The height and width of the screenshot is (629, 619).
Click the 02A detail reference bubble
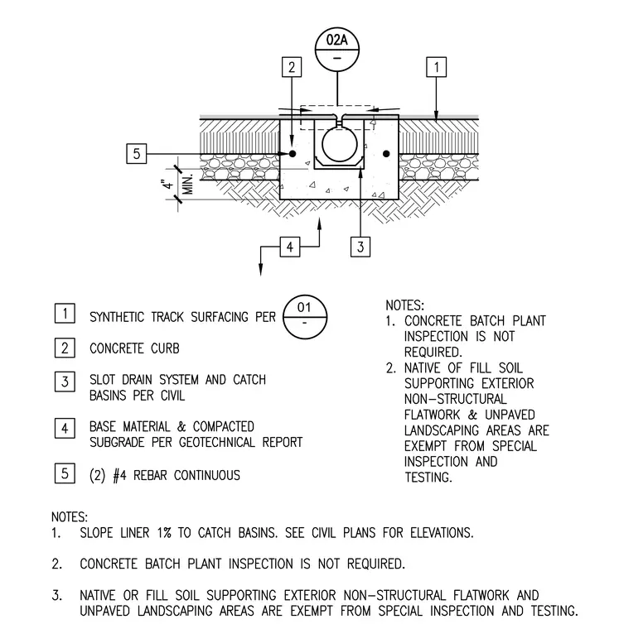336,50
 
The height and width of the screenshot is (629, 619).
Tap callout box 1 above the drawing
436,67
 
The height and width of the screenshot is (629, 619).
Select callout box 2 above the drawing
292,67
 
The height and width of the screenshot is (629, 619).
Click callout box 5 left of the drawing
137,154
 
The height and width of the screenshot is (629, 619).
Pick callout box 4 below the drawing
290,247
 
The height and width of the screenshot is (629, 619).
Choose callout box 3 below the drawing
360,247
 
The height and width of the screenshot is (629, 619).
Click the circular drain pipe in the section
340,145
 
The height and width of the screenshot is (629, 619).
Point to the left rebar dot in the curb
293,154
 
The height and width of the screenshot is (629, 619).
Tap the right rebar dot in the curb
386,154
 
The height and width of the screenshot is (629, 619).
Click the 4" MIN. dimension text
177,185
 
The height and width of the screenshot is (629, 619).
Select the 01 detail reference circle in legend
305,317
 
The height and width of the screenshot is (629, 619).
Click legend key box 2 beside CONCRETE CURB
65,348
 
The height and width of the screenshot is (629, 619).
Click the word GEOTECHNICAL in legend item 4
217,442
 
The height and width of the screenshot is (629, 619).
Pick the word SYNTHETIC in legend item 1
117,317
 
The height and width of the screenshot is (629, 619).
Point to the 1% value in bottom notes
164,533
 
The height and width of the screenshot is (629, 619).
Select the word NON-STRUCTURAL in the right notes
456,399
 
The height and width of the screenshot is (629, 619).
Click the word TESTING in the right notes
428,478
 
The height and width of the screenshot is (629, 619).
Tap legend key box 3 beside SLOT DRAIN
65,382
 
